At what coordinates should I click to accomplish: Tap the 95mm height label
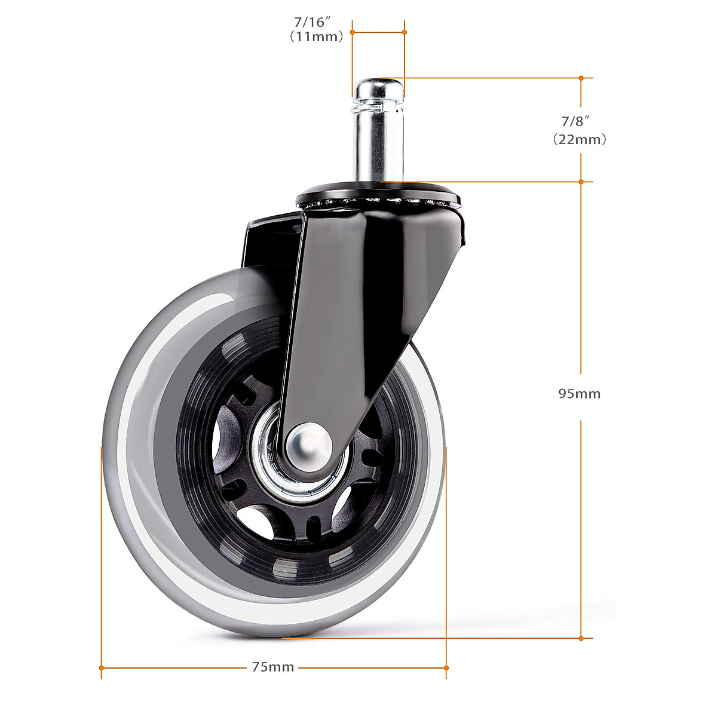(579, 394)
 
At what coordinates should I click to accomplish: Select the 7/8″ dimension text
(575, 121)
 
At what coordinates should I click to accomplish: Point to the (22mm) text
(579, 140)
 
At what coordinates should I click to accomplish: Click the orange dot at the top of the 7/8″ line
(581, 78)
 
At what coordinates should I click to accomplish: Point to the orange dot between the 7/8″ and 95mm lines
(581, 181)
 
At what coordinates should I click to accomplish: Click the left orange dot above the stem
(353, 32)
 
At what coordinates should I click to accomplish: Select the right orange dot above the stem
(405, 32)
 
